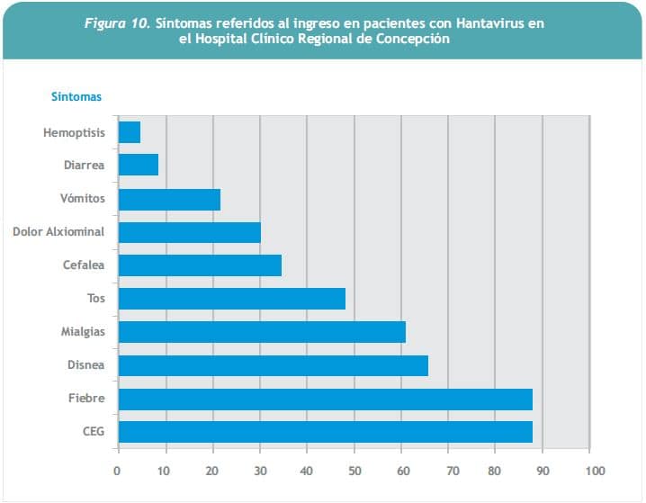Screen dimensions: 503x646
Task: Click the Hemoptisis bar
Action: [130, 132]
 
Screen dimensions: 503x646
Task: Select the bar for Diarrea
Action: [139, 166]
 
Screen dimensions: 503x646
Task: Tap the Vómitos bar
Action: [169, 199]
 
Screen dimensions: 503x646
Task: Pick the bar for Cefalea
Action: [200, 265]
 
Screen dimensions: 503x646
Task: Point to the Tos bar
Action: [232, 299]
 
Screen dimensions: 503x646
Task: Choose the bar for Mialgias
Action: [262, 332]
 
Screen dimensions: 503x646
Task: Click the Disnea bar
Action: [274, 365]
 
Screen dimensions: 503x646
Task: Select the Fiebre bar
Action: [325, 399]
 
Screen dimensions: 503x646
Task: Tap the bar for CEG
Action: [325, 432]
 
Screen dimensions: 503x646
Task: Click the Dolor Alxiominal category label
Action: [58, 232]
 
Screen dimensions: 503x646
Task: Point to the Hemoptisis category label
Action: [74, 133]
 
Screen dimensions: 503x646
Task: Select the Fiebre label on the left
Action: [86, 399]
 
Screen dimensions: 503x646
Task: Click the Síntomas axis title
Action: [76, 96]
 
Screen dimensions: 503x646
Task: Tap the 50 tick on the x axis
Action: [355, 471]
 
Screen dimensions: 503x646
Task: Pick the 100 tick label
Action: [594, 471]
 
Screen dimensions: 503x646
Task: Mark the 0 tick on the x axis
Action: [117, 471]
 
